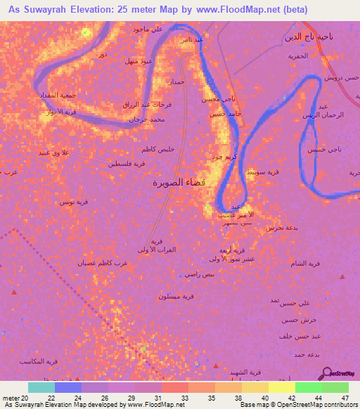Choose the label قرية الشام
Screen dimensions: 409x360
click(x=307, y=263)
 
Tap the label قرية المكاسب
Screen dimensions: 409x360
click(x=62, y=361)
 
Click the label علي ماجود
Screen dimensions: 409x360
click(x=148, y=29)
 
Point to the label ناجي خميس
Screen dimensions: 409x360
click(x=321, y=149)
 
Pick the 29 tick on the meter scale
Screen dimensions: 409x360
click(x=134, y=398)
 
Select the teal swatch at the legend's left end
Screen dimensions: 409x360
click(x=41, y=387)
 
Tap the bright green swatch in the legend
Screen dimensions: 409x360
click(x=308, y=387)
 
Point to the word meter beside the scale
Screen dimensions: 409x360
click(x=13, y=398)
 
